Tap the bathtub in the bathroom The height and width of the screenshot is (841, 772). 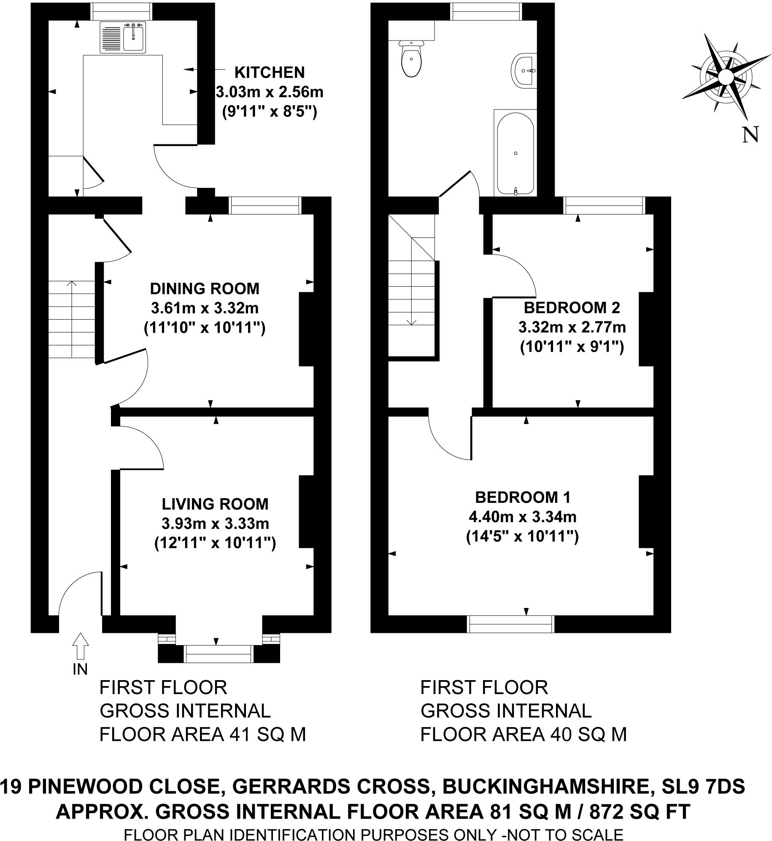click(516, 153)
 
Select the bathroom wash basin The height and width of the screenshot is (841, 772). click(524, 71)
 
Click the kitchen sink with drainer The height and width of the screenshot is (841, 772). click(123, 38)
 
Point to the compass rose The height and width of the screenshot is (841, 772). click(725, 77)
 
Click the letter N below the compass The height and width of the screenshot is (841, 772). click(750, 135)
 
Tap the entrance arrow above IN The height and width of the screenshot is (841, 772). click(80, 646)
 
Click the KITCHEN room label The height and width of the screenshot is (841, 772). click(269, 73)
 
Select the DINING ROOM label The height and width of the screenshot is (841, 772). click(205, 289)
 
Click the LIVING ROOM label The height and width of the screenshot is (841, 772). click(215, 504)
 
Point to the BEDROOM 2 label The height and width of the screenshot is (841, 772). click(572, 308)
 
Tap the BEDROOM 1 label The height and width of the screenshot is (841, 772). click(522, 497)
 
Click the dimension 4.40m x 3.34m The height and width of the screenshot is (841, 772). click(522, 516)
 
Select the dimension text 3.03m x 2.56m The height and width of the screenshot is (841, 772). click(269, 92)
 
